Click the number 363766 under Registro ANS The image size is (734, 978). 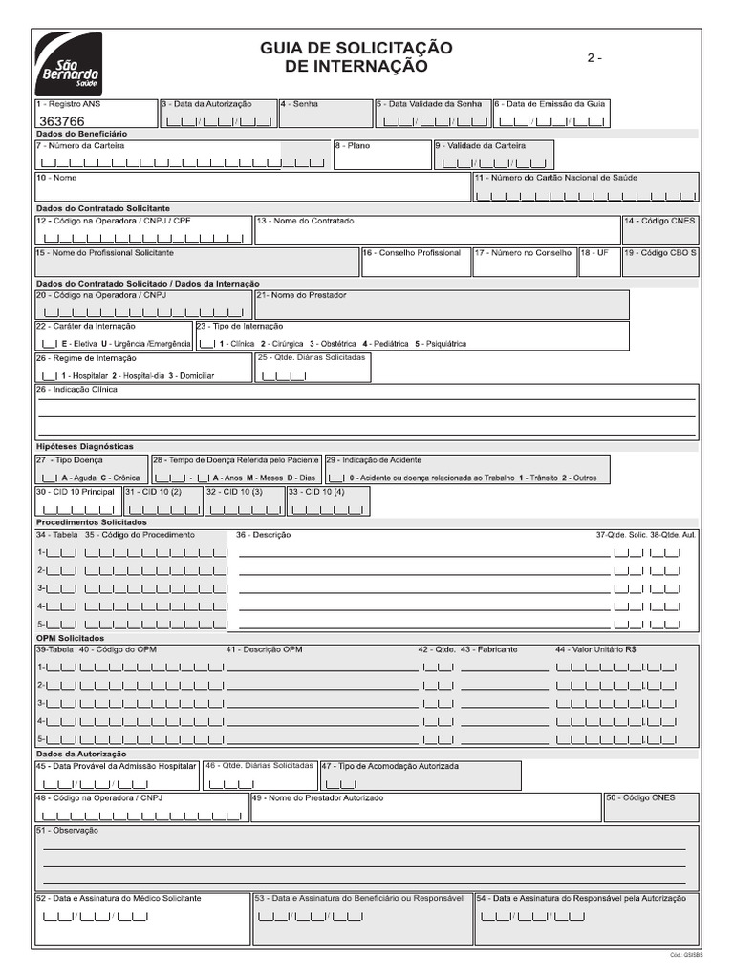click(x=60, y=121)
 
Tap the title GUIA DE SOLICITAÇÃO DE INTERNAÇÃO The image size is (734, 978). click(x=356, y=57)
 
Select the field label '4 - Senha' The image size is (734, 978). click(x=300, y=103)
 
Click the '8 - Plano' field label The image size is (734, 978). click(x=352, y=146)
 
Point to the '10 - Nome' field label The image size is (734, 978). click(x=56, y=178)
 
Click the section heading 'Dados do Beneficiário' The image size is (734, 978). click(x=81, y=134)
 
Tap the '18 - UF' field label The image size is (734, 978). click(x=594, y=253)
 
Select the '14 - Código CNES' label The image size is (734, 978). click(x=660, y=221)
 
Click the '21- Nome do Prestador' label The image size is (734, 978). click(x=301, y=295)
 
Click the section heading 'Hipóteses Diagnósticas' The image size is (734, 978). click(x=84, y=446)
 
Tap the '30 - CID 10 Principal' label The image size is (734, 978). click(x=76, y=492)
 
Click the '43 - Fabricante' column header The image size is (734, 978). click(x=489, y=649)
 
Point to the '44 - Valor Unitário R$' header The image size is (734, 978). click(x=596, y=649)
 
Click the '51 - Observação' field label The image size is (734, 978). click(x=67, y=831)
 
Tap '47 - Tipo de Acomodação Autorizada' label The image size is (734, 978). click(x=389, y=766)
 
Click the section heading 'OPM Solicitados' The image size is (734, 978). click(x=70, y=637)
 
